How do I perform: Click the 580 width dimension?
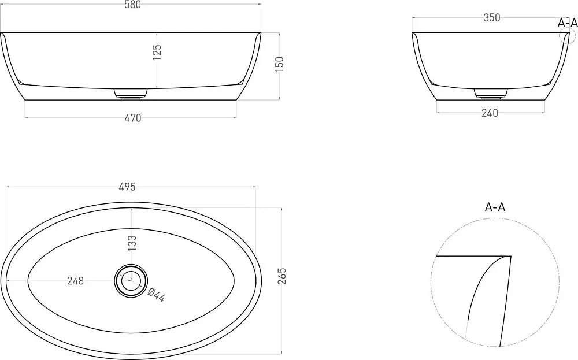coord(133,5)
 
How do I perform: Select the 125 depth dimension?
coord(157,52)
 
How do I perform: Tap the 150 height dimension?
coord(280,64)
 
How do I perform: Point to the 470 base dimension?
coord(133,118)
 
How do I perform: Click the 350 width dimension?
coord(492,18)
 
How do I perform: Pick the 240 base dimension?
coord(490,113)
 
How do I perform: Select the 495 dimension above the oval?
coord(127,187)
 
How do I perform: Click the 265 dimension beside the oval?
coord(281,276)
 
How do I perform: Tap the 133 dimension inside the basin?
coord(132,243)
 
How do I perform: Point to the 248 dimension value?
coord(76,281)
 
